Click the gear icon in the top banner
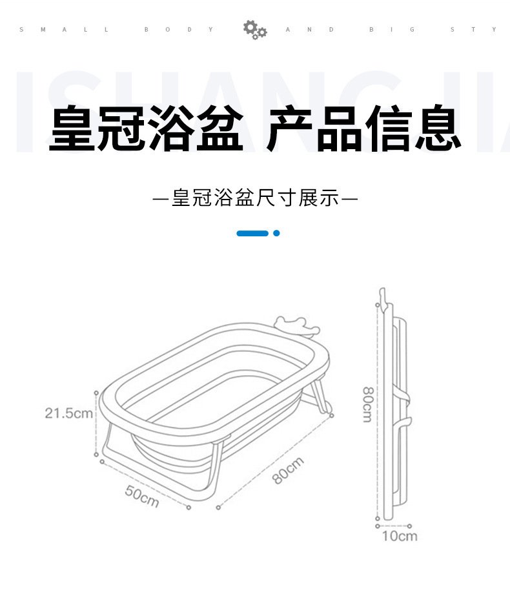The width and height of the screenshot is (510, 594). (254, 30)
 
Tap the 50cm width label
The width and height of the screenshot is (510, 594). (142, 496)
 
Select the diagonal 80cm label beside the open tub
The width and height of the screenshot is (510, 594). (288, 471)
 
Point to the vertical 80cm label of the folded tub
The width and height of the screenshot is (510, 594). (367, 404)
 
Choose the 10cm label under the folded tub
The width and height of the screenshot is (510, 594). (399, 536)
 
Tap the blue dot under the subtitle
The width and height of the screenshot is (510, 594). (276, 233)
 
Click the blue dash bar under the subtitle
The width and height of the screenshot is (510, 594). (252, 233)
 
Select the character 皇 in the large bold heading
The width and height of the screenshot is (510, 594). (73, 128)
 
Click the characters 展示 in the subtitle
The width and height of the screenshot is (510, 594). (318, 198)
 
